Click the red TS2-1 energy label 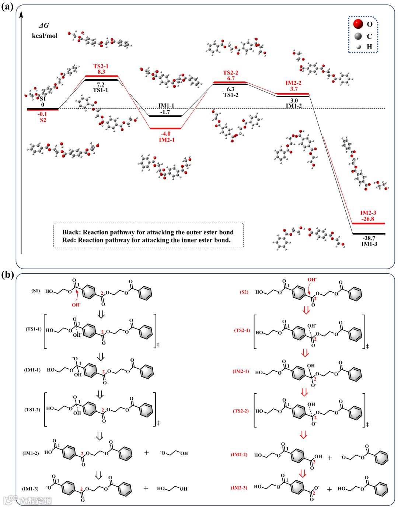click(101, 66)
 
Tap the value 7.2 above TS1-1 click(101, 85)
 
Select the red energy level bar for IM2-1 click(165, 129)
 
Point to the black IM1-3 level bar click(369, 234)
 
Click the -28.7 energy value click(369, 238)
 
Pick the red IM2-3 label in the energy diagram click(368, 213)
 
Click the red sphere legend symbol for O click(358, 24)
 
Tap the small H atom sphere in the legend click(358, 47)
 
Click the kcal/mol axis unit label click(45, 36)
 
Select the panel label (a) click(7, 7)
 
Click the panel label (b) click(7, 274)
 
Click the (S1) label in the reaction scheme click(35, 291)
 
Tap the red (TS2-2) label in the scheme click(241, 411)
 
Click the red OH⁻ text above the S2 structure click(312, 280)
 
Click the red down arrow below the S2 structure click(306, 310)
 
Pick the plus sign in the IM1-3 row click(146, 488)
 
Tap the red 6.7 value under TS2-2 click(231, 78)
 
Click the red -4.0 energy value click(166, 134)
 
